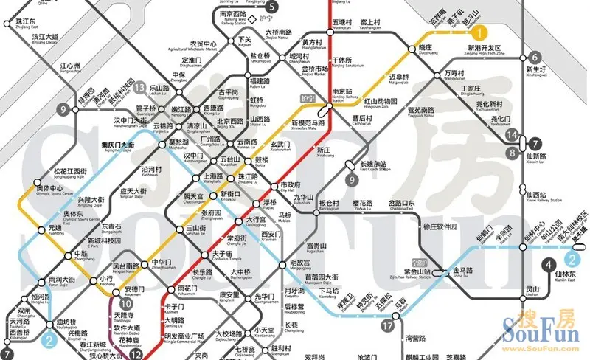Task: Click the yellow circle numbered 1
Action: tap(479, 32)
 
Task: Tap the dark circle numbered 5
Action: tap(271, 7)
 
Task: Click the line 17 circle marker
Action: tap(389, 325)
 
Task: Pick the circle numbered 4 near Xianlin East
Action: tap(546, 266)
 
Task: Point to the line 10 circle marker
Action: tap(126, 303)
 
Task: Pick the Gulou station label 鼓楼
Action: tap(263, 159)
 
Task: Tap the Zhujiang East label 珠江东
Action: tap(29, 22)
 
